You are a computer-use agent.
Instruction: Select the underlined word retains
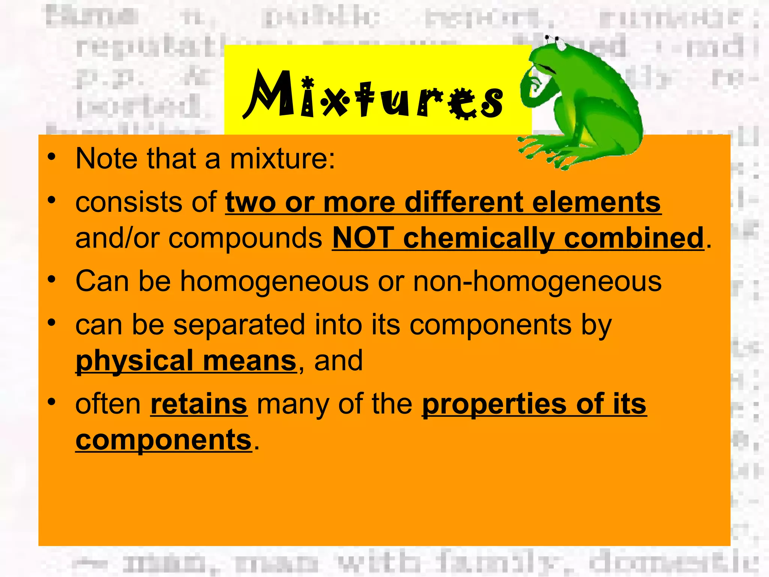tap(199, 404)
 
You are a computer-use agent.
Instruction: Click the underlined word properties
tap(495, 405)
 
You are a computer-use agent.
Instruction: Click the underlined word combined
tap(633, 238)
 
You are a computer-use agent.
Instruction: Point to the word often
tap(108, 404)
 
